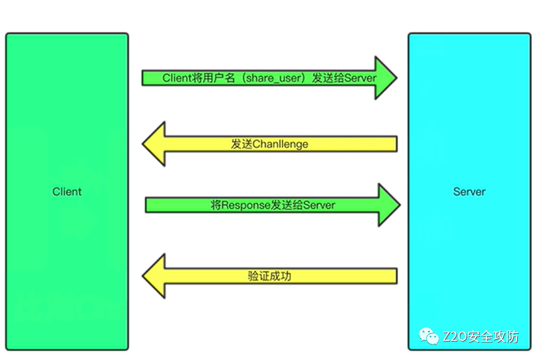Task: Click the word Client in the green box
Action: pos(67,191)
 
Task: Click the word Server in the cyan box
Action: pos(469,191)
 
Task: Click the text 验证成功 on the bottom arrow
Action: pos(269,275)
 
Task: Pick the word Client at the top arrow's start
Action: pos(177,78)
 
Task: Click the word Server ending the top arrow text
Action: pos(361,78)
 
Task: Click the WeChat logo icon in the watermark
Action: pos(430,336)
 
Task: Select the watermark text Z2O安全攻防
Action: pos(480,336)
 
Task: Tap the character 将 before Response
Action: pos(216,205)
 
